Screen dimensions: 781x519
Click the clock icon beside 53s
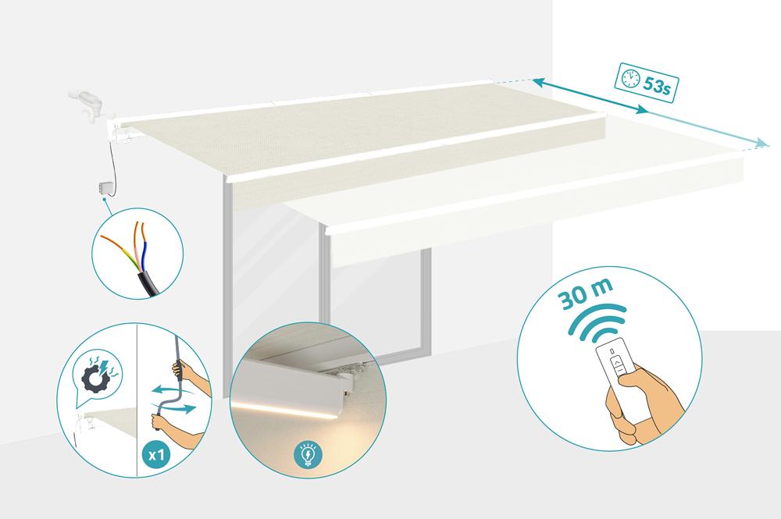630,78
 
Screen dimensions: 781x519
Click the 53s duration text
657,85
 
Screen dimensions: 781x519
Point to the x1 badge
157,455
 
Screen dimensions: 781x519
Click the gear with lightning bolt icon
97,374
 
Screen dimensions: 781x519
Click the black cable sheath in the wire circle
147,279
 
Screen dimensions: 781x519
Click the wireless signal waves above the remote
597,321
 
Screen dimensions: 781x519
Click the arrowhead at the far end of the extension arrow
761,144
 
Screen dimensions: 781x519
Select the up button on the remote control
619,364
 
